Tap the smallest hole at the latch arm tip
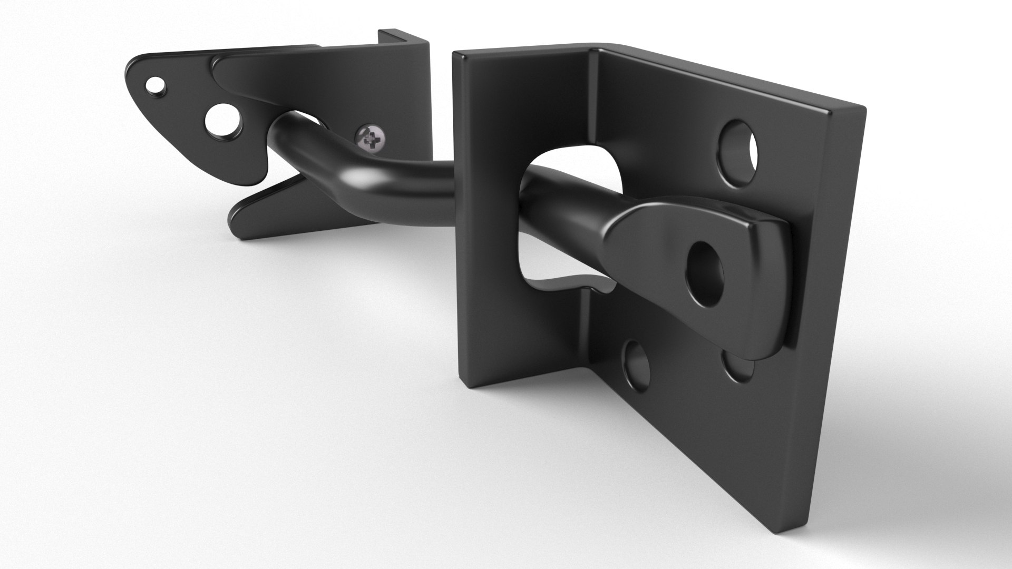[154, 83]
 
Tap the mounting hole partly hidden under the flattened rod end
[738, 369]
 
